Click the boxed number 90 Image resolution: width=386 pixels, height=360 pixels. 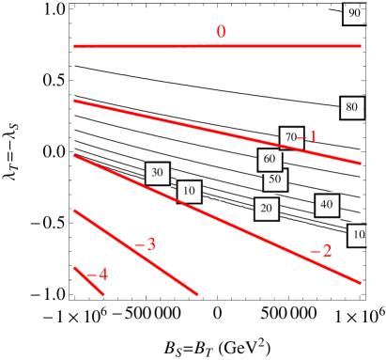point(354,14)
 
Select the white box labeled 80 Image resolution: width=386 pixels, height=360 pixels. point(351,107)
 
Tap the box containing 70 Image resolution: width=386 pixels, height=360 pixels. point(291,137)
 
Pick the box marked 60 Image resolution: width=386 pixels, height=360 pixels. point(270,159)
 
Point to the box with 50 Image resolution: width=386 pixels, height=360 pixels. point(274,179)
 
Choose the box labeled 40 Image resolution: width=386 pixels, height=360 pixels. point(326,204)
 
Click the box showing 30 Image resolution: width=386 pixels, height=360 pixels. point(157,173)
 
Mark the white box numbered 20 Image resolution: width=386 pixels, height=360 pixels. point(266,209)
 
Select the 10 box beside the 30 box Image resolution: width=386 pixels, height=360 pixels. point(189,192)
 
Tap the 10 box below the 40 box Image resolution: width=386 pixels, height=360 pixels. point(358,234)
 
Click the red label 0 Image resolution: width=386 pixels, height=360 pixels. point(221,32)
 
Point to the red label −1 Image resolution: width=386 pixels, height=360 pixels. point(311,137)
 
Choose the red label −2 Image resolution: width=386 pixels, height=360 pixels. point(321,251)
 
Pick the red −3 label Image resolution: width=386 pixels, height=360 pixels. point(146,244)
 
